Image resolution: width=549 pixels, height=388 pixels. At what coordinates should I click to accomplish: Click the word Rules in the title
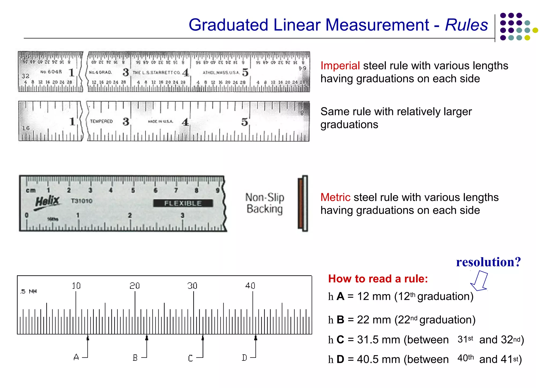point(466,25)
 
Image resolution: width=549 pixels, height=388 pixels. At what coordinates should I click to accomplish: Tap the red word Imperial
point(340,66)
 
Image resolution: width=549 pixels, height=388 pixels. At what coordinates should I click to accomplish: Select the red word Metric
point(335,197)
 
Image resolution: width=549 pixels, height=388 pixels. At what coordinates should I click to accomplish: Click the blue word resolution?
point(488,262)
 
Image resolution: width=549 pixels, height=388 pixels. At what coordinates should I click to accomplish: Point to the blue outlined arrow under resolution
point(480,281)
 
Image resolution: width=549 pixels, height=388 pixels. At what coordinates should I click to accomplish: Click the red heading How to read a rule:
point(378,279)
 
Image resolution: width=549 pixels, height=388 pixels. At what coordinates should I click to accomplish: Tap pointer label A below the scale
point(76,357)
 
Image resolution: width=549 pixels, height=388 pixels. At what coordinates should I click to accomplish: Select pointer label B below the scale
point(135,358)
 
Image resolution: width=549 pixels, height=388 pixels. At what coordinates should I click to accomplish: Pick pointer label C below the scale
point(190,358)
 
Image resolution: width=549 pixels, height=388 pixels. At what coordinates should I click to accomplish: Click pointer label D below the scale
point(244,358)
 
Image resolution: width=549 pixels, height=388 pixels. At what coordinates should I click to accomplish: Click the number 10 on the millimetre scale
point(76,286)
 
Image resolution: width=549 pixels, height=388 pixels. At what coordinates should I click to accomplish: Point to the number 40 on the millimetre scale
point(250,286)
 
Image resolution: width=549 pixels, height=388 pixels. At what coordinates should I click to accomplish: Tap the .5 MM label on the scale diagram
point(28,291)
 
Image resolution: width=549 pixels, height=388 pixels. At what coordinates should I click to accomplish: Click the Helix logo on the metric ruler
point(47,201)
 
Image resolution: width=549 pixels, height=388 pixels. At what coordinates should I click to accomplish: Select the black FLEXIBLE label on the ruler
point(183,203)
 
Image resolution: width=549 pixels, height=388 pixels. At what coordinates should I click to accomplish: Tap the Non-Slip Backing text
point(265,203)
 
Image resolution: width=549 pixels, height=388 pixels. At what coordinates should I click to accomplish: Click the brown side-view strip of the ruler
point(301,203)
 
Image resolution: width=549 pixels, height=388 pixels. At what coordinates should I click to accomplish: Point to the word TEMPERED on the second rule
point(101,121)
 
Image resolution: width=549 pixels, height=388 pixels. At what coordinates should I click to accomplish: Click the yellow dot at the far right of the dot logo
point(535,30)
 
